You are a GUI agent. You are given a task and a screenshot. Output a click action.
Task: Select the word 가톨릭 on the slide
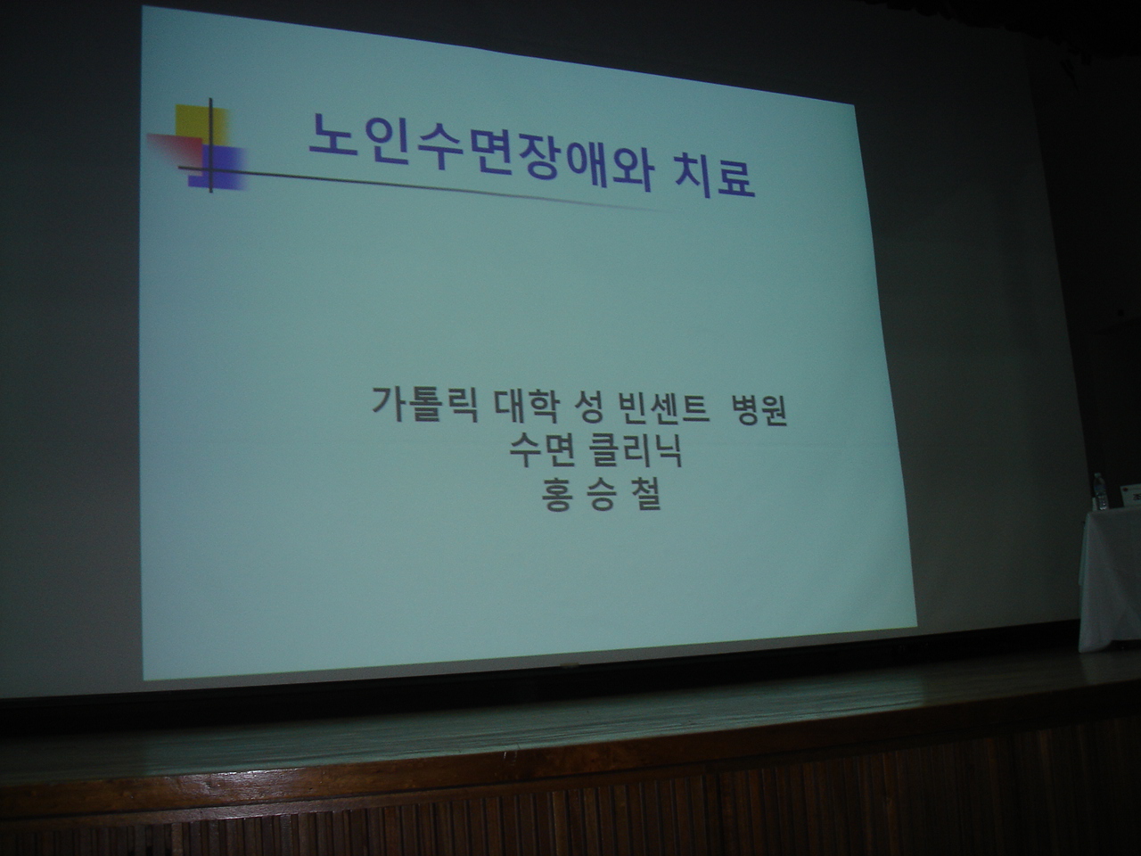[x=424, y=404]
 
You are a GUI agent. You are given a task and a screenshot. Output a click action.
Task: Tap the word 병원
[x=760, y=410]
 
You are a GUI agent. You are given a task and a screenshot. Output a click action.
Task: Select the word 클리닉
[x=634, y=451]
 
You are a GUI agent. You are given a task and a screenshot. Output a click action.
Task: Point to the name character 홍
[x=557, y=494]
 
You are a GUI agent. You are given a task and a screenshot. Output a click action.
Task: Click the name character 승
[x=601, y=494]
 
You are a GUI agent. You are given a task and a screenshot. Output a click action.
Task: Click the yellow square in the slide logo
[x=201, y=126]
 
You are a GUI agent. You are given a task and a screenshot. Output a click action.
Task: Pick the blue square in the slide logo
[x=217, y=168]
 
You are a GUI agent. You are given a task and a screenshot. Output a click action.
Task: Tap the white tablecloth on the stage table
[x=1111, y=580]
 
